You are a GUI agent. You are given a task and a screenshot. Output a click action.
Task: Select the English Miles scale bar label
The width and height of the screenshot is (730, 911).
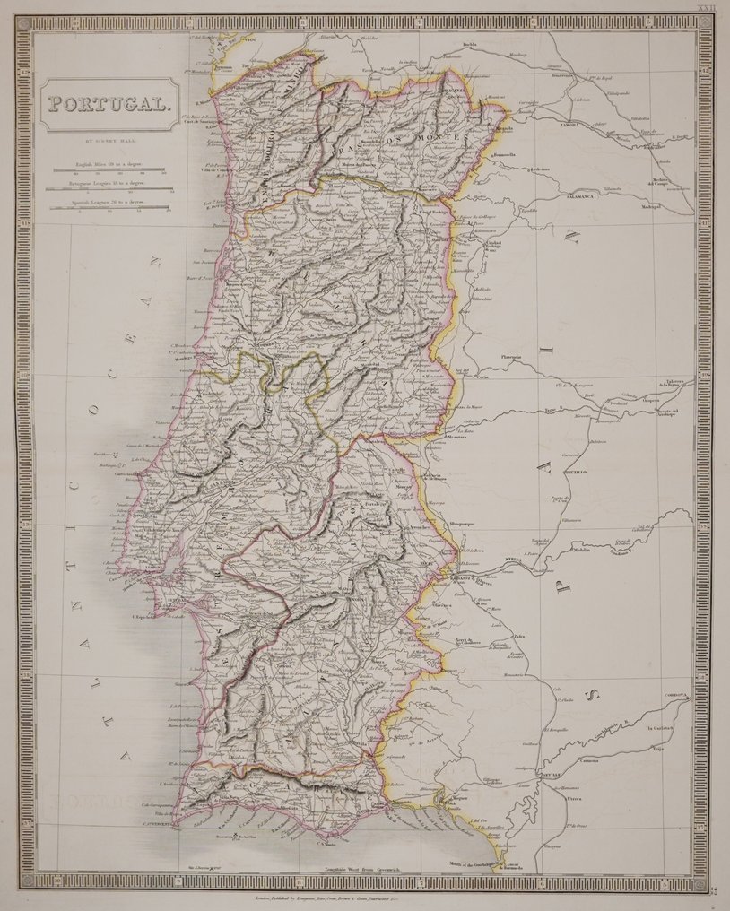coord(109,167)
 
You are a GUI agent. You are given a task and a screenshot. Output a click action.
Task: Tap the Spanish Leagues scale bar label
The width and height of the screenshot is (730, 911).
coord(109,204)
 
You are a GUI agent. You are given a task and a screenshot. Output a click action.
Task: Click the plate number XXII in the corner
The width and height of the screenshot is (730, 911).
coord(707,7)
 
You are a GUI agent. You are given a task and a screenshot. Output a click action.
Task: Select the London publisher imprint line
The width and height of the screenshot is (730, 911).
coord(359,895)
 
